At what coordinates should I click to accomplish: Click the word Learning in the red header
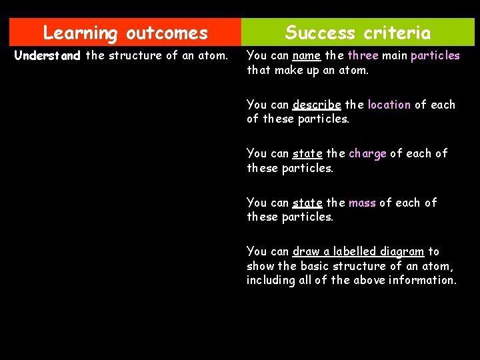pyautogui.click(x=79, y=33)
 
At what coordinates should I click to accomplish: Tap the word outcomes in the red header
pyautogui.click(x=167, y=33)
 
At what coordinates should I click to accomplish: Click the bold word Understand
pyautogui.click(x=47, y=55)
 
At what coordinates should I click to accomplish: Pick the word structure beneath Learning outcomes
pyautogui.click(x=136, y=55)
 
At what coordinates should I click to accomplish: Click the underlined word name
pyautogui.click(x=307, y=55)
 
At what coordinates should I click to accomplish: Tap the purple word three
pyautogui.click(x=363, y=55)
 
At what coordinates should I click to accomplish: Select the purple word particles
pyautogui.click(x=435, y=55)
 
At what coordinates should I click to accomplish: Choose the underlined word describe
pyautogui.click(x=317, y=105)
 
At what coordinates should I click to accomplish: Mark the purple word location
pyautogui.click(x=389, y=105)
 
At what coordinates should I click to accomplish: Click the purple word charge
pyautogui.click(x=367, y=153)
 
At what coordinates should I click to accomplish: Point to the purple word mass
pyautogui.click(x=362, y=202)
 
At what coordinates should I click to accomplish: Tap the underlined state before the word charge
pyautogui.click(x=307, y=153)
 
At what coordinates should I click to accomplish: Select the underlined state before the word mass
pyautogui.click(x=307, y=202)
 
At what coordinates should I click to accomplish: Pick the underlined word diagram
pyautogui.click(x=402, y=251)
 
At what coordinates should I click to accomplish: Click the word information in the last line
pyautogui.click(x=425, y=280)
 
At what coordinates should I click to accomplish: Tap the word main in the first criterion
pyautogui.click(x=395, y=55)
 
